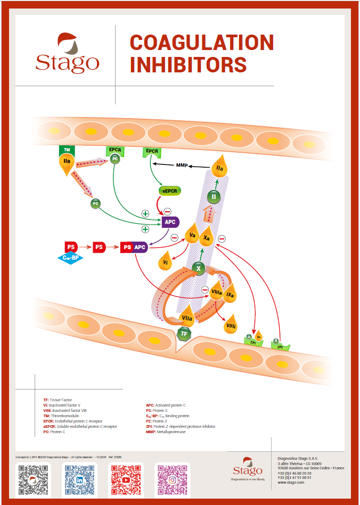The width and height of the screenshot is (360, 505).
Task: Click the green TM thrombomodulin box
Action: point(67,151)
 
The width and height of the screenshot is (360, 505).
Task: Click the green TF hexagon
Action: point(184,334)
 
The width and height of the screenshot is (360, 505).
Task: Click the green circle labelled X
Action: point(199,269)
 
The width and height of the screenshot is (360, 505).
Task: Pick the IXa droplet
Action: point(230,293)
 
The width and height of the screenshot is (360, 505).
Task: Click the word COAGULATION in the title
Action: point(202,43)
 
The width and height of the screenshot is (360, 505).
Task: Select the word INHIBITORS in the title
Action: point(188,65)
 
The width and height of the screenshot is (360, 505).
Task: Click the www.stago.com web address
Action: point(291,482)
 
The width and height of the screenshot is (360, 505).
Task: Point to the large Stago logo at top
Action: point(67,53)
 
